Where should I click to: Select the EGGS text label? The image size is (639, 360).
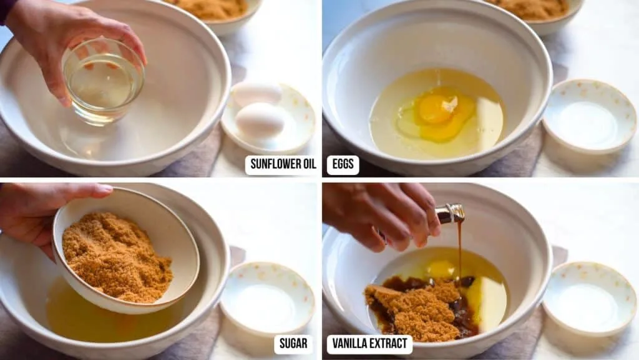[x=343, y=165]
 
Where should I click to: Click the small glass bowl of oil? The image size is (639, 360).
[x=103, y=81]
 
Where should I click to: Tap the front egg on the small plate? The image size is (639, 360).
[x=260, y=120]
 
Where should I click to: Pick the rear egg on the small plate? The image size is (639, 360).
[x=256, y=93]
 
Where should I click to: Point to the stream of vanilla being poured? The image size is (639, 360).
[x=460, y=250]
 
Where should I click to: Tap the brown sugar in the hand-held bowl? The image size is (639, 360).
[x=116, y=256]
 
